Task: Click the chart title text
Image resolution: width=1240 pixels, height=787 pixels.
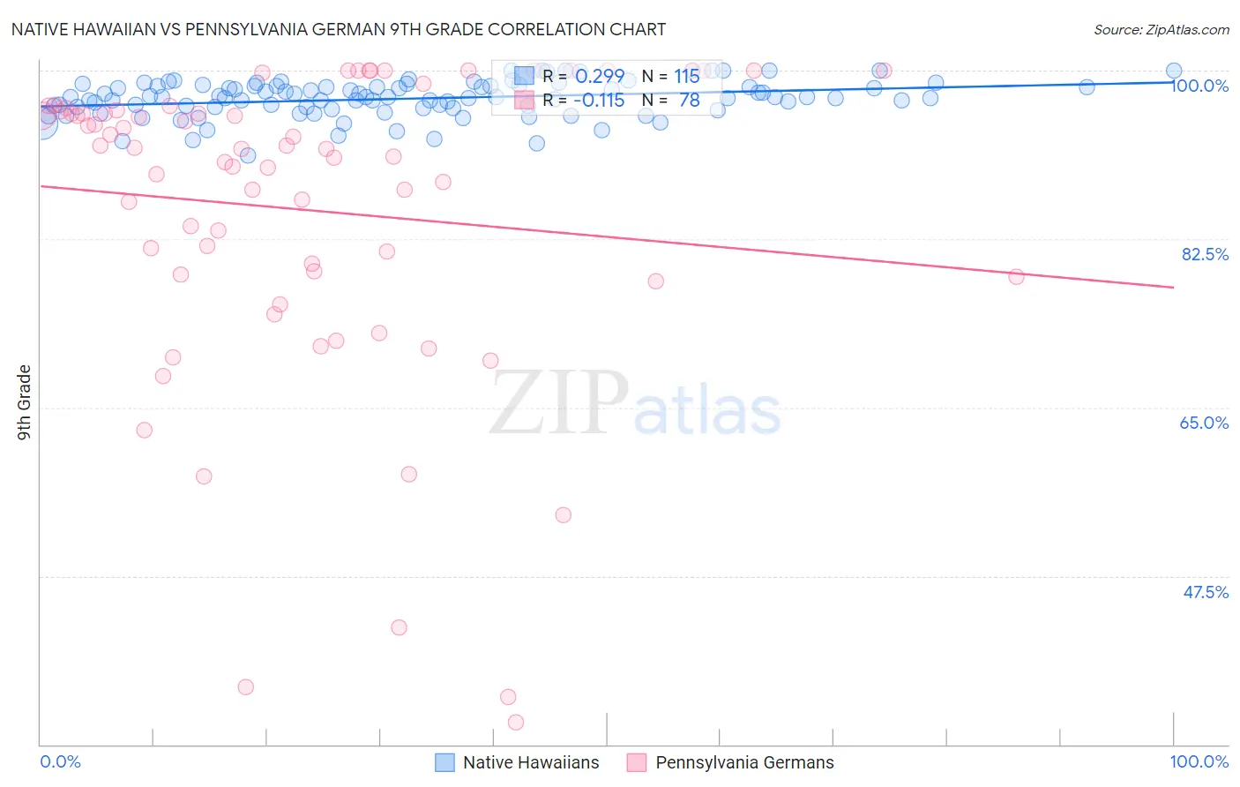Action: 338,29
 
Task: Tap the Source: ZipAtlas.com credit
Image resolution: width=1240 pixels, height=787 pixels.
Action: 1161,30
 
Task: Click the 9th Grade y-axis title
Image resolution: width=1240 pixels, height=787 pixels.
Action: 24,402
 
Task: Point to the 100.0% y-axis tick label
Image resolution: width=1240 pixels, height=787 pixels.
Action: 1199,86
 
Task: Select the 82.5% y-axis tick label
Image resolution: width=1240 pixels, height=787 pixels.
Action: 1205,254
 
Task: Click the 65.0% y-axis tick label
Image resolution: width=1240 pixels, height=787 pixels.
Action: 1204,423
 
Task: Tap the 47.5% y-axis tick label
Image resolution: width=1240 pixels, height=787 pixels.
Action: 1205,592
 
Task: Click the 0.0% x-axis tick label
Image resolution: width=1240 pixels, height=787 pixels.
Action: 60,761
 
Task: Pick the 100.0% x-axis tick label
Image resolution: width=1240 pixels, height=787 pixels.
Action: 1199,761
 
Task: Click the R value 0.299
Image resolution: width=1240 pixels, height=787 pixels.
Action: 600,77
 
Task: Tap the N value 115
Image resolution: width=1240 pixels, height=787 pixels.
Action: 687,77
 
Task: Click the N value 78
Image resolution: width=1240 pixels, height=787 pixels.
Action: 689,101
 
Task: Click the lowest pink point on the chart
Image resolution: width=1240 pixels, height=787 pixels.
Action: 516,723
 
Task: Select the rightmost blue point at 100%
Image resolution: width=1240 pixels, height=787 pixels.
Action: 1174,71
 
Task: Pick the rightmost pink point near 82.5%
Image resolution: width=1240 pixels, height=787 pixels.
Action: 1016,277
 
